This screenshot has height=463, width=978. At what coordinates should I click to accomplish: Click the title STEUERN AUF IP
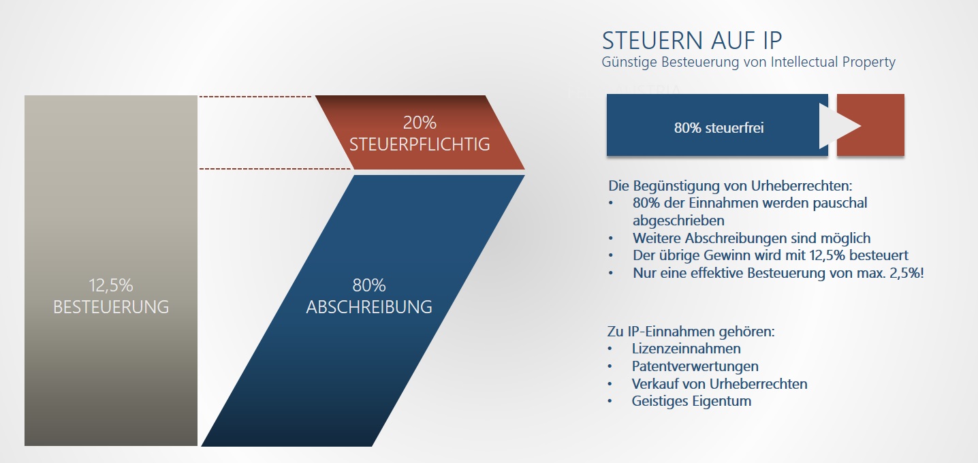[691, 41]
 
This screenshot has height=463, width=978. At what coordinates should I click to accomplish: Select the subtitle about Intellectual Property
[748, 62]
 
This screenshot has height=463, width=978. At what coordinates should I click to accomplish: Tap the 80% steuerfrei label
[719, 128]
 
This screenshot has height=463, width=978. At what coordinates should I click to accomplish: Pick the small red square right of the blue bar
[870, 125]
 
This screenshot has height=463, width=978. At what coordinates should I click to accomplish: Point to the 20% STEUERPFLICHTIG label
[420, 133]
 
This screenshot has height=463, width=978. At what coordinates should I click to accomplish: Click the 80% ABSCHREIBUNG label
[369, 296]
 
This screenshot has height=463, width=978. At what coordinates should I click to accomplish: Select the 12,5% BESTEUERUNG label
[111, 296]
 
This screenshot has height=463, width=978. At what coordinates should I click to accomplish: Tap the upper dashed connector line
[255, 97]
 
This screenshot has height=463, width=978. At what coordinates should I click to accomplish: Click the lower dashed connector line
[274, 168]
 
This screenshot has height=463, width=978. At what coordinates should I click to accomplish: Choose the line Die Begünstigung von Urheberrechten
[730, 186]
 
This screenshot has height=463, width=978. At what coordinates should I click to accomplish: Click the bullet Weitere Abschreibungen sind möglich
[751, 238]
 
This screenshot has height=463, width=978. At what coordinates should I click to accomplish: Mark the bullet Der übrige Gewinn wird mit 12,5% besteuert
[770, 255]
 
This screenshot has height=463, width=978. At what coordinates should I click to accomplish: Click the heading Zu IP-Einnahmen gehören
[691, 332]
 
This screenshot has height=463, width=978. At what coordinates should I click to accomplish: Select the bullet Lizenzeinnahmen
[686, 349]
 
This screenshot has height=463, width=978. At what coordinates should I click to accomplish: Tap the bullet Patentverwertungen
[695, 366]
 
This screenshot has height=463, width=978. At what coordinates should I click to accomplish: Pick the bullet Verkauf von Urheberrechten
[719, 384]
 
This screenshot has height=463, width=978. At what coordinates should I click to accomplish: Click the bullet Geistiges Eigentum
[691, 401]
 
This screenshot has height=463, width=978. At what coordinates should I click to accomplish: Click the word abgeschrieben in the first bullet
[678, 221]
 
